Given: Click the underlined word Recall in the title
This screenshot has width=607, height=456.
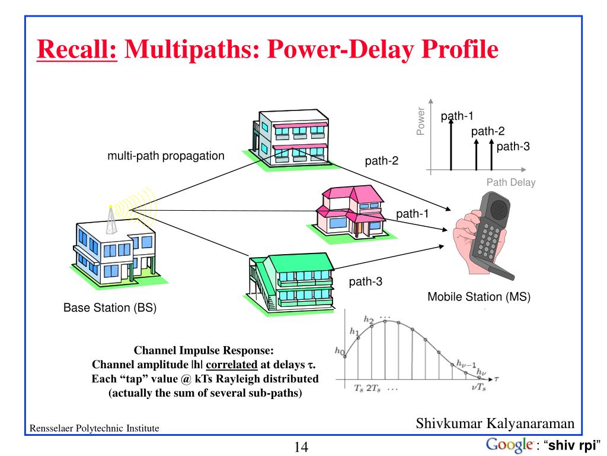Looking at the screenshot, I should click(76, 50).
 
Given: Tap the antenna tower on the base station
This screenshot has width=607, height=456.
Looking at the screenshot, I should click(111, 221).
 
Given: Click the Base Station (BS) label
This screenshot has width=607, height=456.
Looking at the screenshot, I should click(110, 308).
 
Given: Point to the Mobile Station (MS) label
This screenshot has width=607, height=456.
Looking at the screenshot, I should click(479, 297).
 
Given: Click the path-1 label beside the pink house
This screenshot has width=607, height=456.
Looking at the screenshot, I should click(412, 214).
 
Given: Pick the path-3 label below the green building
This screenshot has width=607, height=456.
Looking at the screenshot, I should click(365, 282).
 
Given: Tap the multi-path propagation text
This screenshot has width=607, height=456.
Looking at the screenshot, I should click(166, 156).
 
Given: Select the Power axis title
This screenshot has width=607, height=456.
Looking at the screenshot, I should click(421, 121).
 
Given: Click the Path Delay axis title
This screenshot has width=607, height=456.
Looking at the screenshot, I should click(510, 183).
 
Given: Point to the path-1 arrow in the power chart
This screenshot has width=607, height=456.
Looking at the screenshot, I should click(451, 142).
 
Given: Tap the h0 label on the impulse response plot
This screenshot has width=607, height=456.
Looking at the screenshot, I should click(340, 352).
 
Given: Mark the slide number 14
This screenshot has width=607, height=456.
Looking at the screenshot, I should click(301, 447).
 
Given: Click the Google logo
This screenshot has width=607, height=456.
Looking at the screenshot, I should click(508, 445).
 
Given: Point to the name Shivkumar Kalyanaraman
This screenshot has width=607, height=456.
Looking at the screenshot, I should click(495, 423).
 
